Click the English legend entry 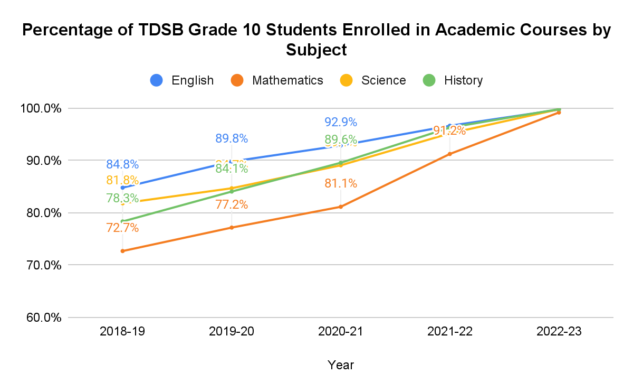(x=182, y=80)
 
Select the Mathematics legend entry (x=276, y=80)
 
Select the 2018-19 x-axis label (x=122, y=332)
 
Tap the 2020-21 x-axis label (x=340, y=332)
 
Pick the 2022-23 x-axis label (x=559, y=332)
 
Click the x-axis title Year (x=340, y=365)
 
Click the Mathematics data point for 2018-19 (x=122, y=251)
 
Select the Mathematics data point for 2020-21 (x=340, y=207)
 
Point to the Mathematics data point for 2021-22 (x=449, y=154)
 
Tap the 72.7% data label (x=122, y=228)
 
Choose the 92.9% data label (x=340, y=122)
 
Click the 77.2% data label (x=232, y=204)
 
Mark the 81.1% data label (x=340, y=184)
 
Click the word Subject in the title (x=316, y=50)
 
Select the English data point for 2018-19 (x=122, y=188)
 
